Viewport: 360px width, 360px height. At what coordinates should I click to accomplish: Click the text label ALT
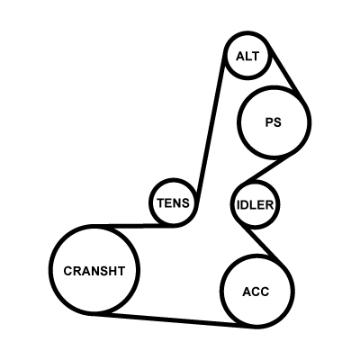[x=247, y=56]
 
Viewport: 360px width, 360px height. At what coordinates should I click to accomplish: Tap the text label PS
[x=274, y=122]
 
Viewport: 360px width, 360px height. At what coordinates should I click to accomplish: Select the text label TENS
[x=174, y=203]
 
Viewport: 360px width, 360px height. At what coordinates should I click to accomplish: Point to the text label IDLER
[x=256, y=205]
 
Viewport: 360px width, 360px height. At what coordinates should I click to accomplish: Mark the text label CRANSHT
[x=94, y=271]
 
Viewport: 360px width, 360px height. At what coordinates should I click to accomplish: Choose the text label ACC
[x=256, y=292]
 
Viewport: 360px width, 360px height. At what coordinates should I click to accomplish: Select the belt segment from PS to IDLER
[x=267, y=169]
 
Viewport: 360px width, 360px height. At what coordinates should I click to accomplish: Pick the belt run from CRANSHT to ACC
[x=171, y=319]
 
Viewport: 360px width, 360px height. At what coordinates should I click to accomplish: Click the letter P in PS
[x=269, y=122]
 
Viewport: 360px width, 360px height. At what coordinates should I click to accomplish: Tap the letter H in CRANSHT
[x=112, y=271]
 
